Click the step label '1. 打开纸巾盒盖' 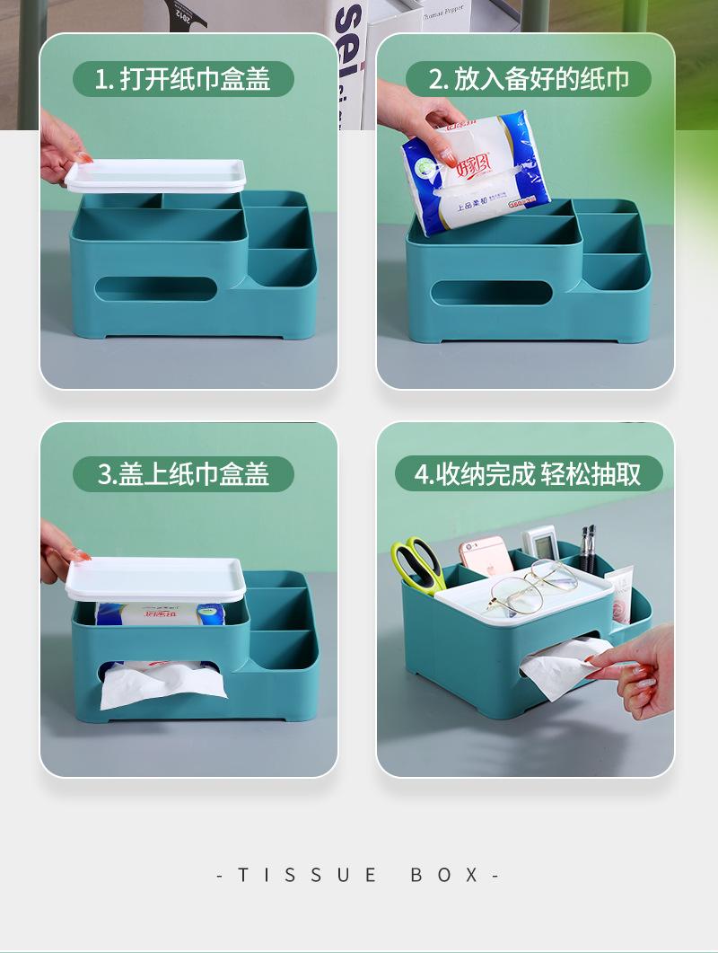tap(183, 79)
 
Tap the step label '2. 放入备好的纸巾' tap(528, 79)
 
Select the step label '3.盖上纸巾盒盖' tap(183, 472)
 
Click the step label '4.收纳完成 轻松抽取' tap(528, 472)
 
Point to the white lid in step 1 tap(156, 174)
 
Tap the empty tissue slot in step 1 tap(156, 288)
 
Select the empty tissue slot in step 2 tap(493, 291)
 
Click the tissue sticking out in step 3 tap(162, 684)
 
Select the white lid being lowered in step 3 tap(156, 578)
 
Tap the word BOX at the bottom tap(445, 875)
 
